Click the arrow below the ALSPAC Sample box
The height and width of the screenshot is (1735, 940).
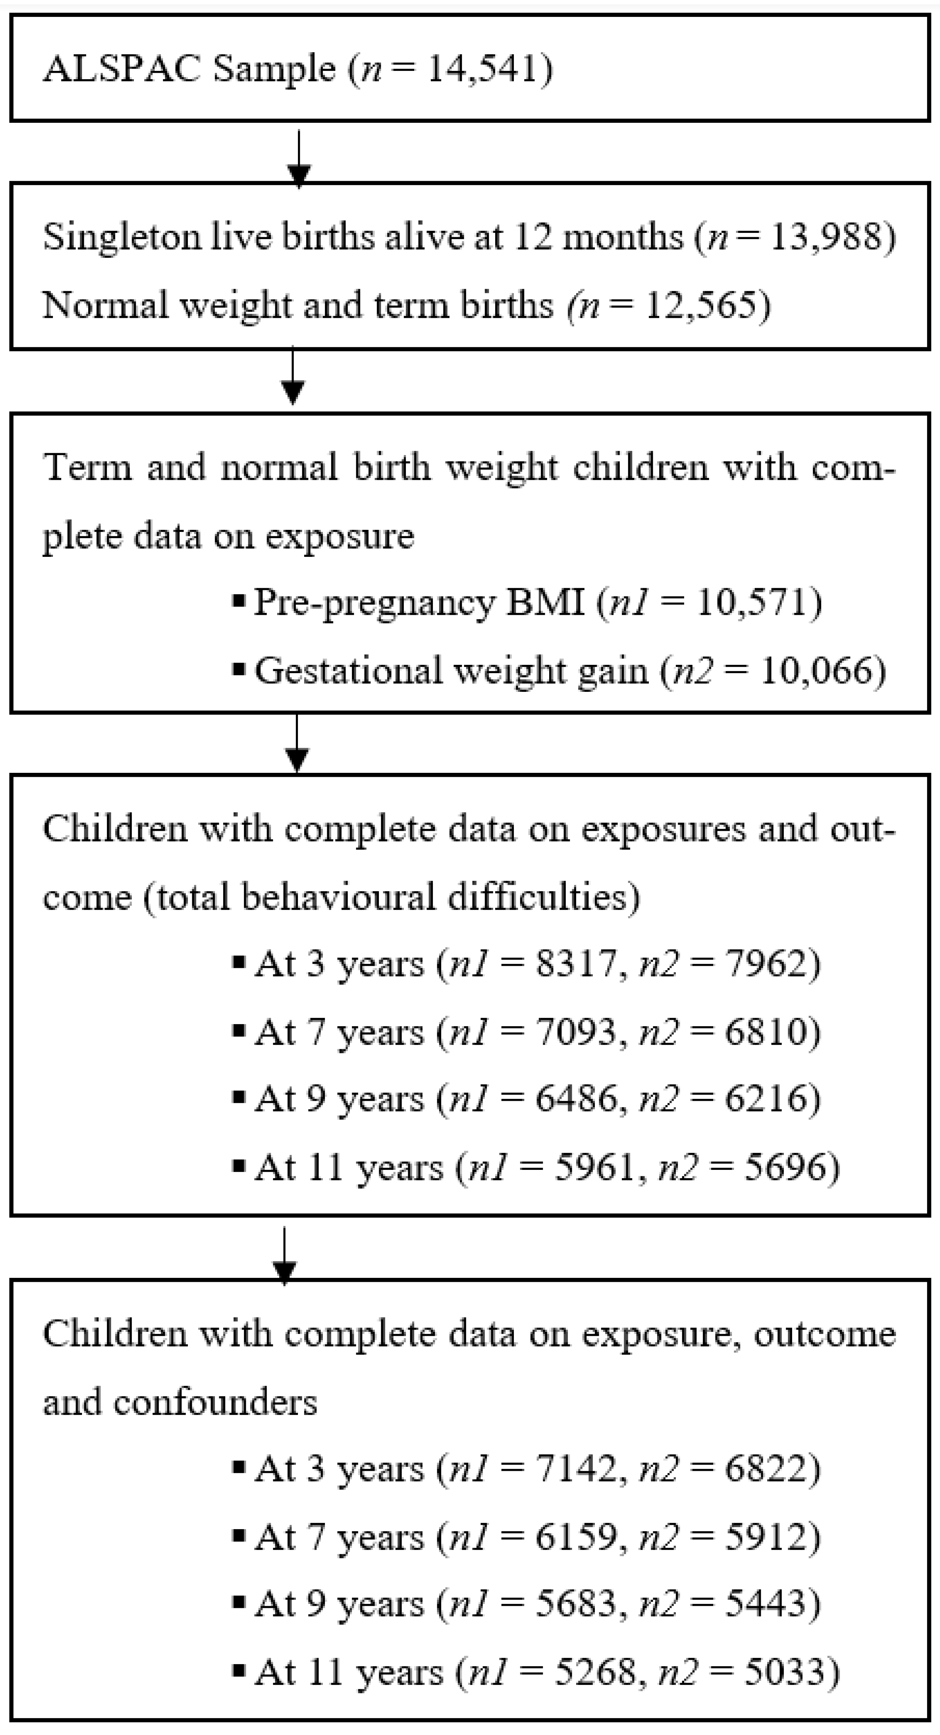pyautogui.click(x=298, y=158)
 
